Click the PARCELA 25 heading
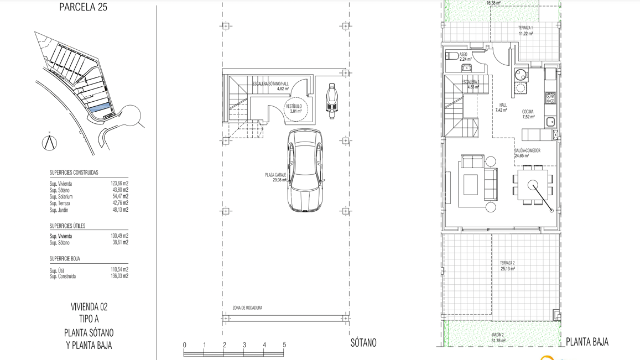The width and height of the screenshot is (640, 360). (x=83, y=7)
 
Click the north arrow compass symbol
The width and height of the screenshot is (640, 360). (x=50, y=142)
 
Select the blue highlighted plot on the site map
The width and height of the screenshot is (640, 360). (x=100, y=108)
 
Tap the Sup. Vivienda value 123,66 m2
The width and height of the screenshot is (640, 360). (x=119, y=184)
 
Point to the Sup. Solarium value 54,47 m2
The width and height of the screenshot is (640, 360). (x=119, y=197)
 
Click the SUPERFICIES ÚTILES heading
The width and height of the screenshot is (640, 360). (x=67, y=226)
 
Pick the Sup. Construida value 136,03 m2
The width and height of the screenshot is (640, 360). (x=119, y=276)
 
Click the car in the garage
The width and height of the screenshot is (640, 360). (x=305, y=170)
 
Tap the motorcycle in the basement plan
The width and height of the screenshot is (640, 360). (x=332, y=101)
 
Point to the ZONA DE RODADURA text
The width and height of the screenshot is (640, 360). (x=247, y=307)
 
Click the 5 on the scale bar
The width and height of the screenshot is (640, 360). (x=284, y=345)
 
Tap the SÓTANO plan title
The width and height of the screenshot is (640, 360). (x=363, y=343)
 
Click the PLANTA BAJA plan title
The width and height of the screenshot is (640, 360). (x=587, y=342)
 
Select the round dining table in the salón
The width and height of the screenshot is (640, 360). (x=533, y=185)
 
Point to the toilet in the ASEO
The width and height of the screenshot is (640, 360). (x=451, y=55)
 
